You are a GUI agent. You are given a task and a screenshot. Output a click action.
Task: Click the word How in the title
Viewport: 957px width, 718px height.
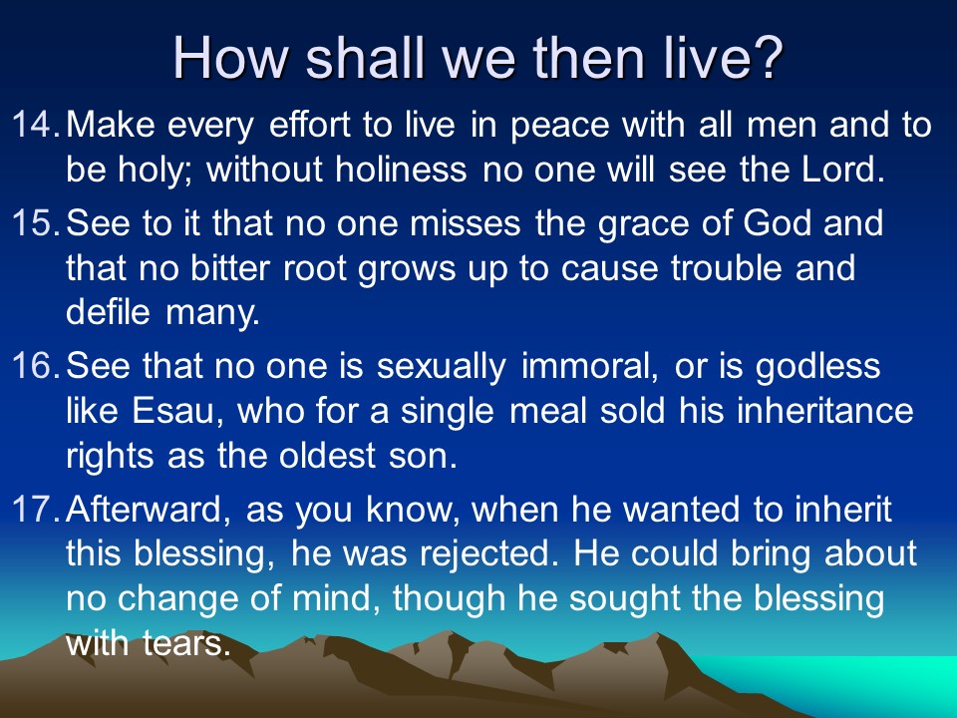point(230,58)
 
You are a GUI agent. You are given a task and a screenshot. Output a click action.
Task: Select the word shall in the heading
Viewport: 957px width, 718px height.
point(365,58)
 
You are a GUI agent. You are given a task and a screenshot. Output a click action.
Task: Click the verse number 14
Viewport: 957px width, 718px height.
point(36,124)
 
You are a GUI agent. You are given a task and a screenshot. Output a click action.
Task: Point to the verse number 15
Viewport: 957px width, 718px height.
point(36,222)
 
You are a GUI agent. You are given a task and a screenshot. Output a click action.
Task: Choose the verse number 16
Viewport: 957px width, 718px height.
point(36,366)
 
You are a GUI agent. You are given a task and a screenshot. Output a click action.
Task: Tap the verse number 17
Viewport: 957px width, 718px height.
point(36,510)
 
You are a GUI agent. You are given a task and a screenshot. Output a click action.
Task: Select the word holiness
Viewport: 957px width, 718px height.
point(401,169)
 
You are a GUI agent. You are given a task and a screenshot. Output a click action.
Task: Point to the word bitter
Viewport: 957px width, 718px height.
point(229,267)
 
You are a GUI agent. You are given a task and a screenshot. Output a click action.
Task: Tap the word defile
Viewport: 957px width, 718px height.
point(108,311)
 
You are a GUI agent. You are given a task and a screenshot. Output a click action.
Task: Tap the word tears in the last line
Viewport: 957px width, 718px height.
point(186,643)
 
